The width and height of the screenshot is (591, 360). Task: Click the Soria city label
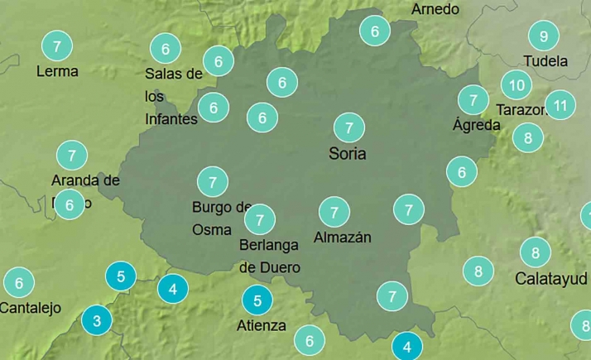348,153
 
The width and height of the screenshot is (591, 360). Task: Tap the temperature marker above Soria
348,127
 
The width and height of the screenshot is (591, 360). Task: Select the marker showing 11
560,105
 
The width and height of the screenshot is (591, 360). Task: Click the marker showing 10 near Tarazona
517,84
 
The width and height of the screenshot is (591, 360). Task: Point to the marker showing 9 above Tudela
544,36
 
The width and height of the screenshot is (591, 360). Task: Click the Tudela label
545,61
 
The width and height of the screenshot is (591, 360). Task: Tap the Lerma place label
57,71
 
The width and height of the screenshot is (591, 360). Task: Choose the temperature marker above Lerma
56,46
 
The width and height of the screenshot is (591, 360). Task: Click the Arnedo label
435,9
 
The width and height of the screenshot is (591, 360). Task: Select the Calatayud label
550,278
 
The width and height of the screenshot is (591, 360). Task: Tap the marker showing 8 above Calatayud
536,252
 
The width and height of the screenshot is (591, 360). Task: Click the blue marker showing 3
97,320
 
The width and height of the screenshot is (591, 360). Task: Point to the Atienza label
262,325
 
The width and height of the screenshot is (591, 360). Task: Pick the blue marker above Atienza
257,300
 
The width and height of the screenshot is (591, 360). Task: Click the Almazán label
343,238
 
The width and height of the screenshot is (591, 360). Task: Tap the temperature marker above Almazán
334,212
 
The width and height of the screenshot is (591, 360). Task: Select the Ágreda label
477,125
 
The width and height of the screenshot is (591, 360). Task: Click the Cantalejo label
31,308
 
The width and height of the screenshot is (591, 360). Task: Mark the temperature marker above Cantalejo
18,283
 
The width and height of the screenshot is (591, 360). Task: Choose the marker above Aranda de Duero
72,155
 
